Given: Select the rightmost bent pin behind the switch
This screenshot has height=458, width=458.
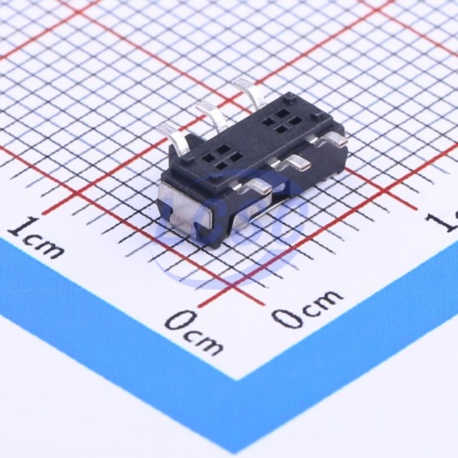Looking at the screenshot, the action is pos(250,93).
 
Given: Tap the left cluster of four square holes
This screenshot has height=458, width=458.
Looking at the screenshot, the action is pos(222,157).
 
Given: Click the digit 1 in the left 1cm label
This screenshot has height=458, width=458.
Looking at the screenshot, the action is pos(22,227).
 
